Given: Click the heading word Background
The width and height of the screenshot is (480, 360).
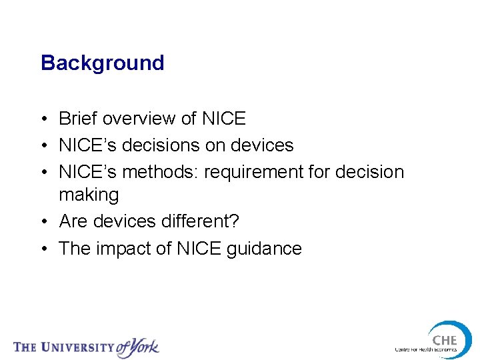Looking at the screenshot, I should point(102,63).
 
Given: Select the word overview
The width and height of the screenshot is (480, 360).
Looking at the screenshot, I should point(139,119).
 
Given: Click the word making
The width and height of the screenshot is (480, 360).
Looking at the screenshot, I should point(89,195).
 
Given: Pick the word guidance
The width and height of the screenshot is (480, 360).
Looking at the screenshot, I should point(264,249).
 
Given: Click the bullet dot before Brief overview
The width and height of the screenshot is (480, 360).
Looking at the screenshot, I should point(43,119).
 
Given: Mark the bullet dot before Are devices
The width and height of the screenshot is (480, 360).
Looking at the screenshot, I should point(43,221).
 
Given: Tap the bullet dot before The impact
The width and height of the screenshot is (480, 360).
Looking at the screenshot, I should point(43,249).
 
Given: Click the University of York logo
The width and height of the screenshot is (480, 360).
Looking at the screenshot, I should point(87,347).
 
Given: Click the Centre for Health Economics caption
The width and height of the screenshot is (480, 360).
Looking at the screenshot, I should point(426,349).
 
